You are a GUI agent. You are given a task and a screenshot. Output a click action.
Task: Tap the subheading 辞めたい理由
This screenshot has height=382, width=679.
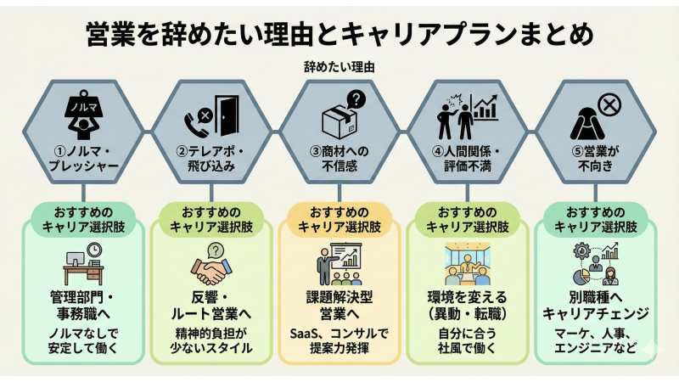coord(339,65)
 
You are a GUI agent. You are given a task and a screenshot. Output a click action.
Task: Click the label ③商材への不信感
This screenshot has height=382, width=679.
coord(339,160)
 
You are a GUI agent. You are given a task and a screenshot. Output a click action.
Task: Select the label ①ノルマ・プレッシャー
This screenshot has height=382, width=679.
coord(85,160)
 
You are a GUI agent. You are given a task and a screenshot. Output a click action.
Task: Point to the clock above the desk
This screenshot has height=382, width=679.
coord(94,250)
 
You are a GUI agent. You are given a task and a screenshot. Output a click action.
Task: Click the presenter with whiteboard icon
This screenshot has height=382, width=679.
coord(339,265)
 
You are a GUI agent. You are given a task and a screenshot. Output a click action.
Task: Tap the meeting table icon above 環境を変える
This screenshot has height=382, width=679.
coord(467,267)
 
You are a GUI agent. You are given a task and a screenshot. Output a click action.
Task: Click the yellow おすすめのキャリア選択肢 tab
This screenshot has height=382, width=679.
coord(339,218)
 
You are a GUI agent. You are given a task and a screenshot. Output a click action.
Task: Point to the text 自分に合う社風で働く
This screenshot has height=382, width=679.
coord(467,339)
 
